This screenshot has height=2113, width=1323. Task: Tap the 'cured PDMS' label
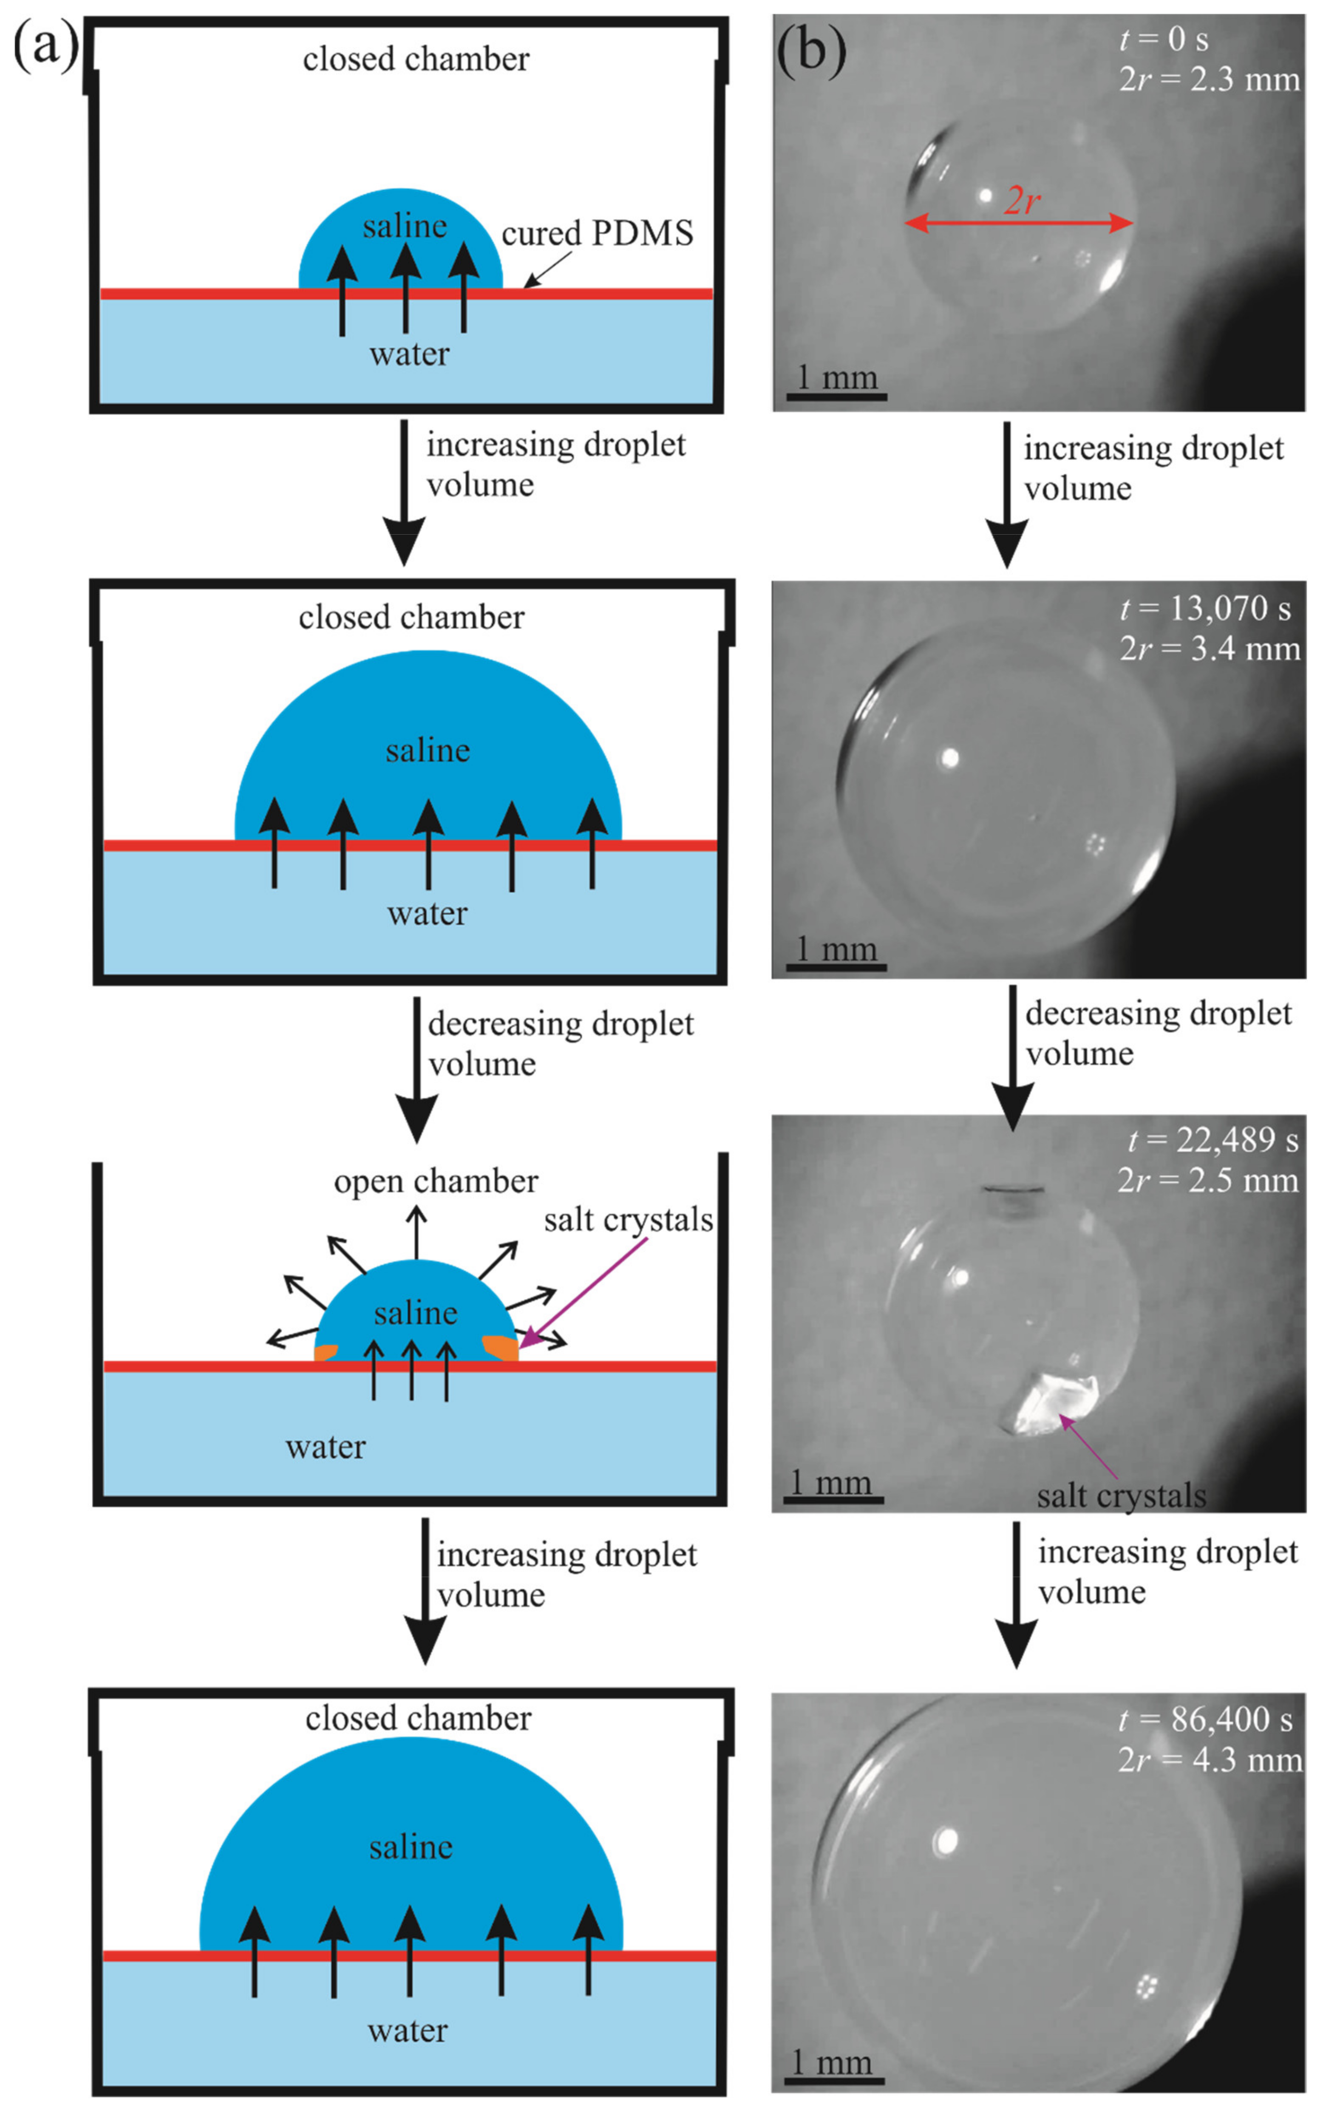point(597,234)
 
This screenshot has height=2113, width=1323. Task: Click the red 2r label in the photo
point(1022,201)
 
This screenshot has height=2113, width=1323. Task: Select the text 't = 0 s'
point(1164,40)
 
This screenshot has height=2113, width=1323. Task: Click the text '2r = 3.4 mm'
point(1209,649)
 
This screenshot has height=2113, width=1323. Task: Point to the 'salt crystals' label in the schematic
point(628,1220)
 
